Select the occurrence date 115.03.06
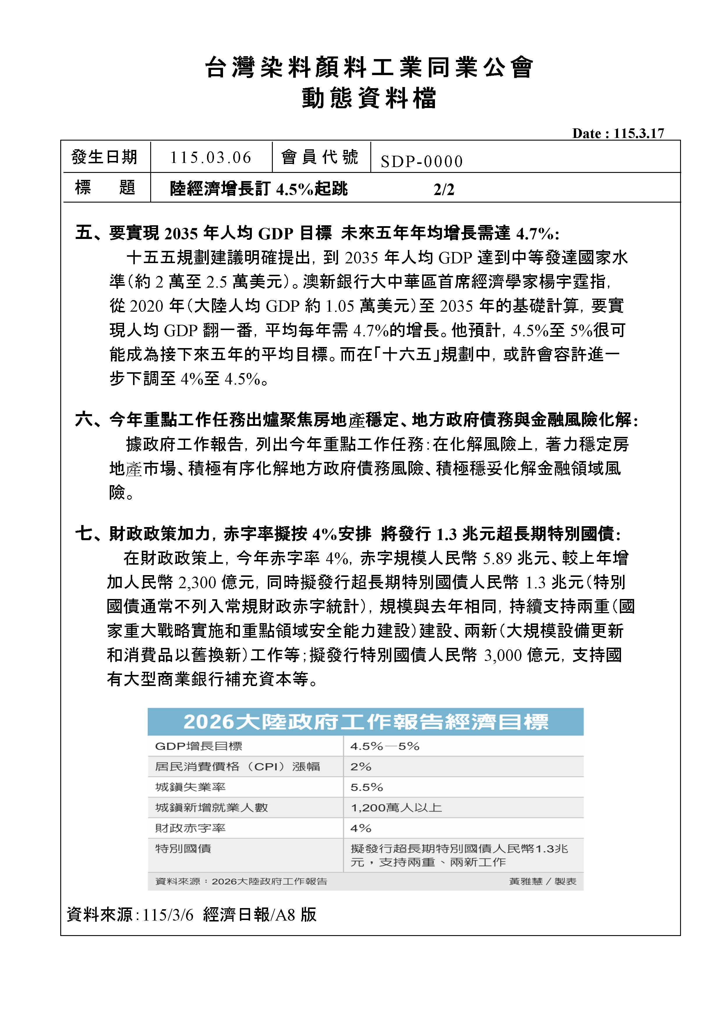click(210, 157)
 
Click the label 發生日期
click(105, 157)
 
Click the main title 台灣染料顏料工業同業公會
click(369, 68)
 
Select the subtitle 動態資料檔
click(369, 98)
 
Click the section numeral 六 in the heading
click(83, 420)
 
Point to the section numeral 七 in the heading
click(83, 533)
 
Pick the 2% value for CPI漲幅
click(361, 767)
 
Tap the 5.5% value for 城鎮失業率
click(367, 787)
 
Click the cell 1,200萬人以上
click(396, 808)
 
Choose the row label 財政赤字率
click(190, 828)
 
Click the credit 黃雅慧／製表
click(542, 881)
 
